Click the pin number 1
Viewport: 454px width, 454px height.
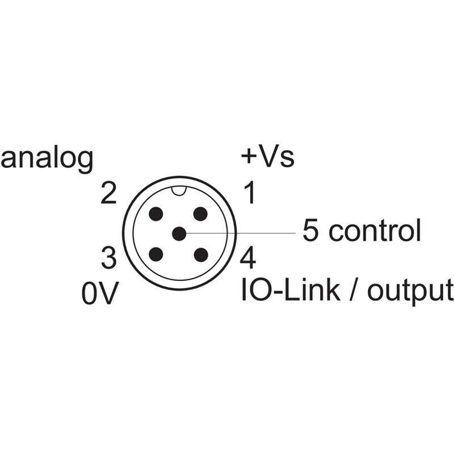[x=249, y=192]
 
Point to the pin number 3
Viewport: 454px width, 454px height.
[x=109, y=258]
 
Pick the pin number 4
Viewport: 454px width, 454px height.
[x=248, y=257]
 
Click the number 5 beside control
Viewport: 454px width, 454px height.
[x=310, y=230]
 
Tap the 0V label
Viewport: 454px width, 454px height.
[x=100, y=293]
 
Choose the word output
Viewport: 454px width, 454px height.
[x=410, y=292]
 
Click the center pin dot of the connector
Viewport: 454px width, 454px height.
[x=179, y=234]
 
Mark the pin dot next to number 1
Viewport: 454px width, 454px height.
[x=200, y=214]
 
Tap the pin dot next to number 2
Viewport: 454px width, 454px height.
[x=155, y=214]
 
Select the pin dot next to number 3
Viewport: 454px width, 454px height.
[x=155, y=254]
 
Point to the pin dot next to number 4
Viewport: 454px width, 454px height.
[x=201, y=255]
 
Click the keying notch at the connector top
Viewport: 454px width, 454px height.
[x=179, y=191]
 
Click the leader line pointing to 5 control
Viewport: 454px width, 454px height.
[x=241, y=233]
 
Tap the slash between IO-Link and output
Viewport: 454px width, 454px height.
[x=353, y=290]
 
